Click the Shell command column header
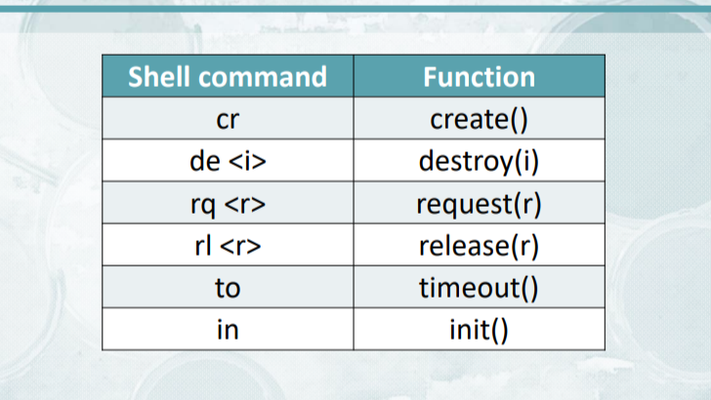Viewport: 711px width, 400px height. pyautogui.click(x=228, y=76)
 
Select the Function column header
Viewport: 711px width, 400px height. pyautogui.click(x=479, y=76)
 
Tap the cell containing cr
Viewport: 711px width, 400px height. pyautogui.click(x=228, y=118)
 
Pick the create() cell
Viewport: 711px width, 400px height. pyautogui.click(x=479, y=118)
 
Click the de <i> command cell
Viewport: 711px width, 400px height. pyautogui.click(x=228, y=160)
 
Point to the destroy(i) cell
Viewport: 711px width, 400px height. pyautogui.click(x=479, y=160)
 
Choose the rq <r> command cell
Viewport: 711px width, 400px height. pyautogui.click(x=228, y=203)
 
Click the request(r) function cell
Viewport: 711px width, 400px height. pyautogui.click(x=479, y=203)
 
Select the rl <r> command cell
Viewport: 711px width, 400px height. pyautogui.click(x=228, y=245)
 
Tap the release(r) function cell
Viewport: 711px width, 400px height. pyautogui.click(x=479, y=245)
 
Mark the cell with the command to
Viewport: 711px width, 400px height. pyautogui.click(x=228, y=287)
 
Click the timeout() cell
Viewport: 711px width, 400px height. pyautogui.click(x=479, y=287)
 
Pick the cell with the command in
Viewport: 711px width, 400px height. pyautogui.click(x=228, y=329)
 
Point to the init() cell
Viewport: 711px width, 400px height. pyautogui.click(x=479, y=329)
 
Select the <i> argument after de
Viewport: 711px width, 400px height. pyautogui.click(x=248, y=161)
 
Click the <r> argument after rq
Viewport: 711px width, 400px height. pyautogui.click(x=245, y=204)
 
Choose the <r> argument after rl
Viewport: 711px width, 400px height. pyautogui.click(x=241, y=247)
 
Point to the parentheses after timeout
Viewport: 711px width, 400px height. pyautogui.click(x=528, y=288)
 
